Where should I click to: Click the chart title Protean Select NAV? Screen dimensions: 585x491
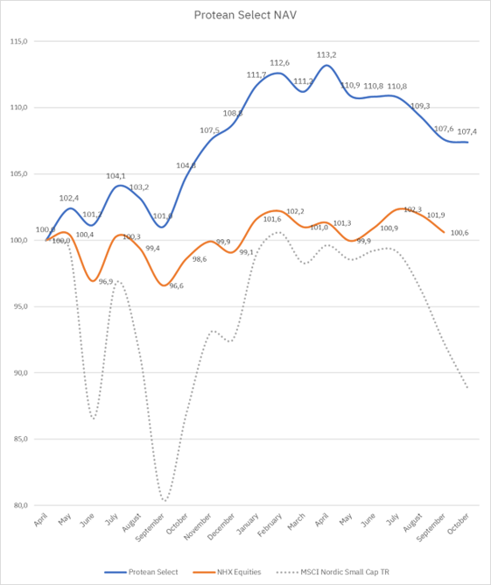coord(245,16)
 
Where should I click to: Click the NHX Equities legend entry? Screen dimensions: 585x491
coord(241,572)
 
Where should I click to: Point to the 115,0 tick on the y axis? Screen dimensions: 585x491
coord(19,41)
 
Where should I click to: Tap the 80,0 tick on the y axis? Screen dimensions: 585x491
coord(19,505)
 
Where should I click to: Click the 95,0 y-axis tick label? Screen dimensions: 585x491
coord(19,307)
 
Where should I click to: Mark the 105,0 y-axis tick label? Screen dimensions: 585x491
coord(19,173)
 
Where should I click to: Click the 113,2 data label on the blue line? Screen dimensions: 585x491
coord(326,54)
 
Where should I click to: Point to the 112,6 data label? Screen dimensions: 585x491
coord(279,63)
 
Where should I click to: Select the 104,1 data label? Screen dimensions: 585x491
coord(116,176)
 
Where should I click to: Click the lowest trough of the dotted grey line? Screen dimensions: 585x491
coord(164,501)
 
